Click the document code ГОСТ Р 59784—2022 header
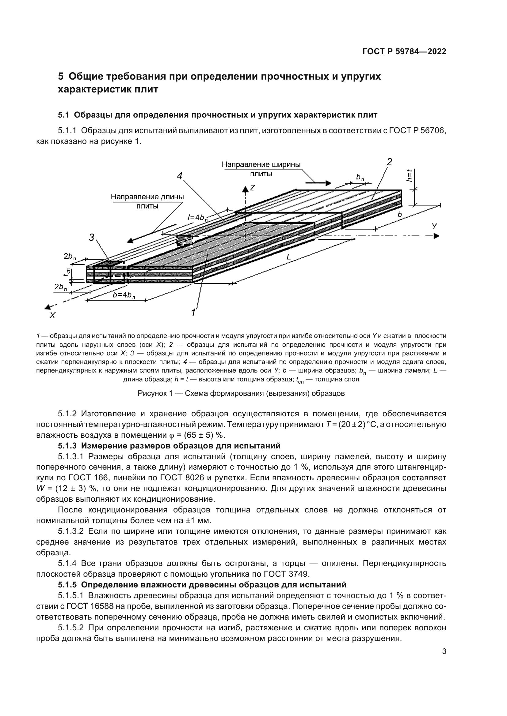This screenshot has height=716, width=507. tap(404, 51)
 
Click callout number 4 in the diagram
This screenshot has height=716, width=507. tap(180, 176)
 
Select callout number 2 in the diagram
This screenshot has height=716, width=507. tap(389, 162)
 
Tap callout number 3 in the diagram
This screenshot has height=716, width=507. tap(91, 238)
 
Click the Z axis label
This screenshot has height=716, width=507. tap(253, 188)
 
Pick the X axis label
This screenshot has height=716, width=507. tap(52, 315)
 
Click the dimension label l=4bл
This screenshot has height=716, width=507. tap(198, 218)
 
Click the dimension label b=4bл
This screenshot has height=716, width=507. tap(124, 295)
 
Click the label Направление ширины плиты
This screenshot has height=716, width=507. tap(261, 169)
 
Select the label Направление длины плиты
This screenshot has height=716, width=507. tap(147, 201)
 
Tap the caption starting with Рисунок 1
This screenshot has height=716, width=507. tap(241, 394)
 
